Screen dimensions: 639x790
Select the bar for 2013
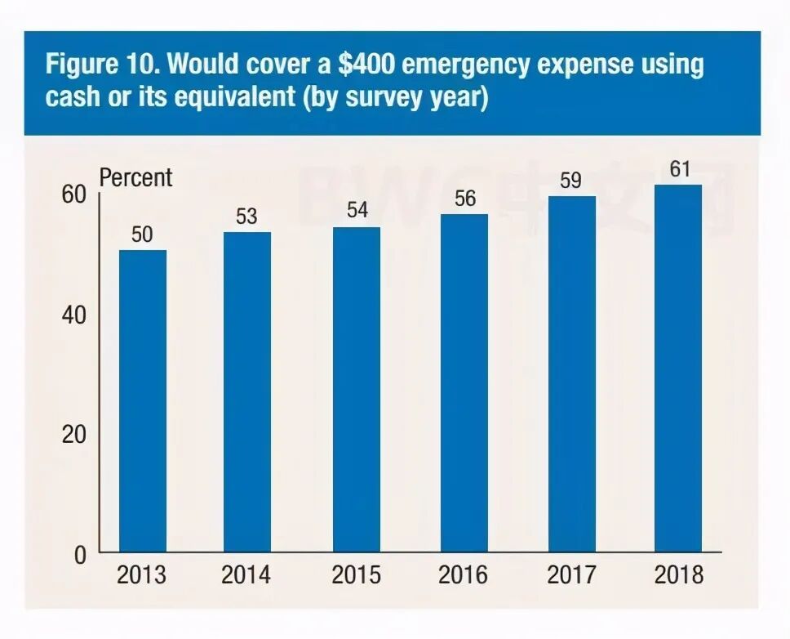point(143,400)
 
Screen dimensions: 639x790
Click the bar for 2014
point(246,392)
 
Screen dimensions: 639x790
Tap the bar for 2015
point(357,389)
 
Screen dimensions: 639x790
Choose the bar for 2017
point(571,373)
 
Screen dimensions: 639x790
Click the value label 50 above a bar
point(143,235)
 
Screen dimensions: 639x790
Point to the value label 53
point(246,217)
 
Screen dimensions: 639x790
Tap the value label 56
point(464,199)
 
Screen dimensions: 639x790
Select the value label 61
point(679,169)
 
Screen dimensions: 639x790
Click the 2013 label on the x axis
point(141,574)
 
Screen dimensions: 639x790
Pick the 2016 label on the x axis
point(464,574)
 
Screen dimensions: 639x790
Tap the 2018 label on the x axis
point(679,574)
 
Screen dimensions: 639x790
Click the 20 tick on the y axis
point(73,435)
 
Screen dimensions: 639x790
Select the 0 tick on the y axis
point(80,555)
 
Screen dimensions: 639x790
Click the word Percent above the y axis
point(136,177)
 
